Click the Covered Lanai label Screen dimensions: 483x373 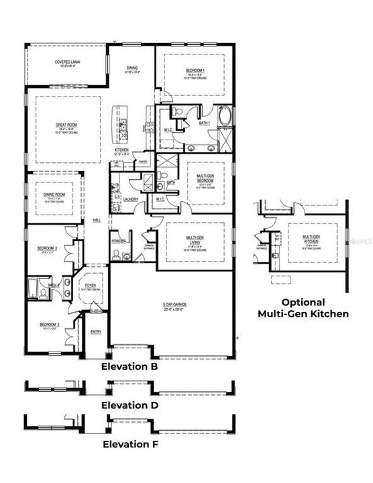click(x=68, y=62)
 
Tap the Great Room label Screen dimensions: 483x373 click(x=67, y=125)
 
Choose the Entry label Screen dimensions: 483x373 click(x=96, y=331)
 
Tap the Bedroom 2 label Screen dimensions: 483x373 click(x=50, y=325)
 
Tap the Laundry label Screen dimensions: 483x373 click(x=131, y=199)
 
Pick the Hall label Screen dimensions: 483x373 click(x=97, y=220)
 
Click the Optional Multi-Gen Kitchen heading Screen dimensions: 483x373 click(x=303, y=308)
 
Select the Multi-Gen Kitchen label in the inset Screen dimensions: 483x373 click(x=309, y=238)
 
